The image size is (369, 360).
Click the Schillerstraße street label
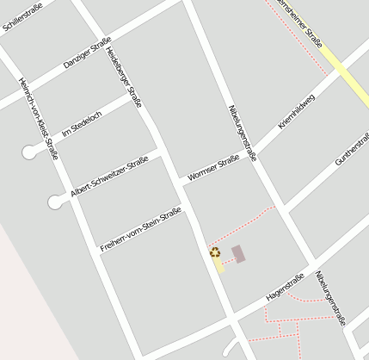click(21, 18)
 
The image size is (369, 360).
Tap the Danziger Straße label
click(87, 53)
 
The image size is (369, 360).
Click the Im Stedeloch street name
click(82, 124)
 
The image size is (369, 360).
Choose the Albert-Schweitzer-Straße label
click(109, 177)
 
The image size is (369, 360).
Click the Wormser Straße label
click(212, 166)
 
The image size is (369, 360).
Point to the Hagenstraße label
click(286, 286)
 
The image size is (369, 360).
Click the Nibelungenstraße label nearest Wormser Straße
click(243, 133)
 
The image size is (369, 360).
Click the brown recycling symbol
click(214, 252)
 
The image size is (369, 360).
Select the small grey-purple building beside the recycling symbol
click(238, 253)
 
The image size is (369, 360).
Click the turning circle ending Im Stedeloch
click(32, 152)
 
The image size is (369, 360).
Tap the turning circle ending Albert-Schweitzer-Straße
click(56, 202)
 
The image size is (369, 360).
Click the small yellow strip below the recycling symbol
click(218, 264)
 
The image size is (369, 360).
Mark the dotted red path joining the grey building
click(226, 258)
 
